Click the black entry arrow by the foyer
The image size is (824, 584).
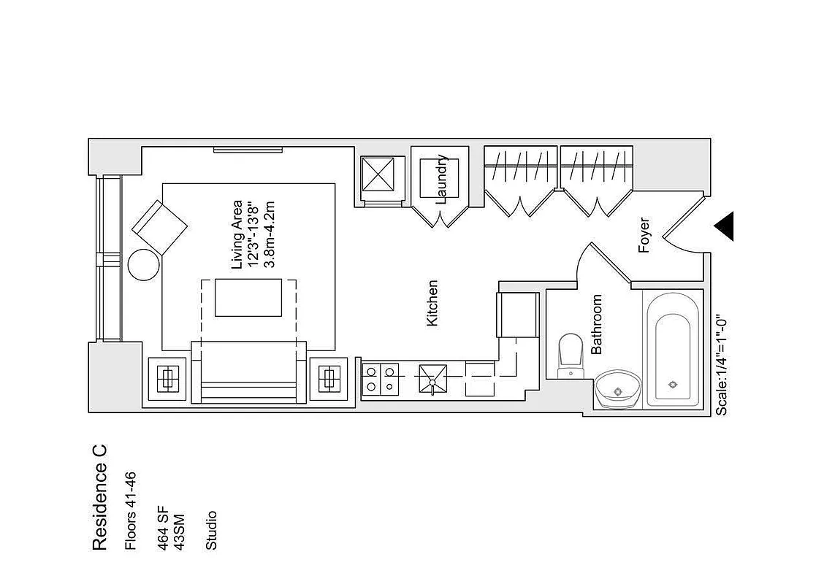pos(722,226)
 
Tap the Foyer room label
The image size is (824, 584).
pos(644,235)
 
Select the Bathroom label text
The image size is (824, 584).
pos(597,324)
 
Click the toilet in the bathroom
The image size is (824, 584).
pos(571,356)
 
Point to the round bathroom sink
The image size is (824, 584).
pos(618,391)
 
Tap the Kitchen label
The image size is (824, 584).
pos(432,303)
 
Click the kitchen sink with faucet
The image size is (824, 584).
pos(432,380)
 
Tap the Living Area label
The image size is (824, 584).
pos(237,234)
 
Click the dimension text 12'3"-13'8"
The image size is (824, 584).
pos(253,234)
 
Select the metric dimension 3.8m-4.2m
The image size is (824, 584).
pos(270,234)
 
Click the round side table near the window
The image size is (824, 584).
pos(144,264)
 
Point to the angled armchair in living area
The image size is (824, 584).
pos(160,226)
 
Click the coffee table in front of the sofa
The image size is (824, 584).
pos(248,296)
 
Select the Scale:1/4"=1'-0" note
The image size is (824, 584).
pos(721,366)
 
